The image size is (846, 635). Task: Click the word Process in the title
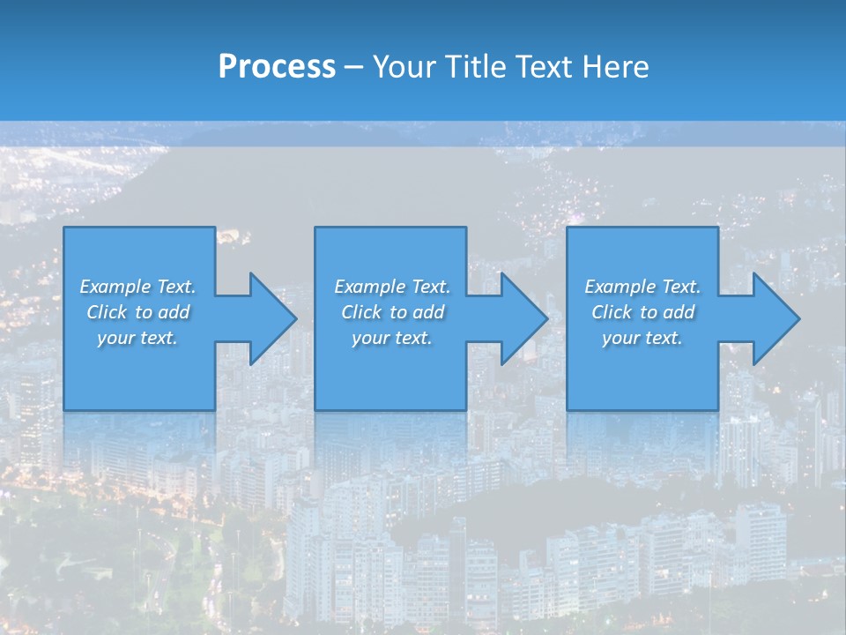click(277, 67)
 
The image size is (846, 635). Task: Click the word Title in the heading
click(473, 67)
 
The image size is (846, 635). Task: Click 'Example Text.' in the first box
click(138, 287)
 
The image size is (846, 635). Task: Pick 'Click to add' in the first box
click(138, 312)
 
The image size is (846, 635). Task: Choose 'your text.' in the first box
click(138, 338)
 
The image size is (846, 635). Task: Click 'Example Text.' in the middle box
click(392, 287)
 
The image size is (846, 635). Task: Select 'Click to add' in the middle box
click(392, 312)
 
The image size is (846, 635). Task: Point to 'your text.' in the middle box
click(392, 338)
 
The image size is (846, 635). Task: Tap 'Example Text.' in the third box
click(642, 287)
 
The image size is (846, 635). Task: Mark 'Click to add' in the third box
click(642, 312)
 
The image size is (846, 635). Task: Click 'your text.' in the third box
click(642, 338)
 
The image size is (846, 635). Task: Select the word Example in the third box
click(620, 287)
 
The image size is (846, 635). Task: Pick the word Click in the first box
click(107, 312)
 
